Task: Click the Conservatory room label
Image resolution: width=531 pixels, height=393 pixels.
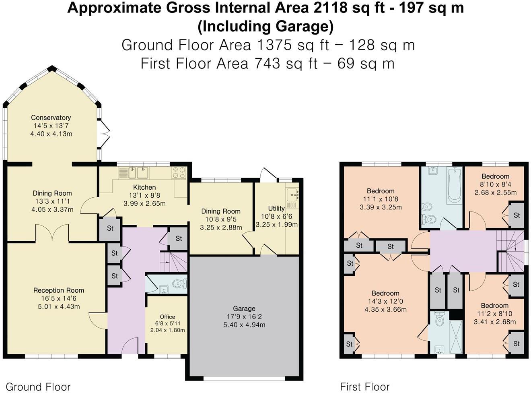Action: coord(51,118)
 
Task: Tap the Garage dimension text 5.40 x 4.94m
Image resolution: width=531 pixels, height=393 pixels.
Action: coord(244,325)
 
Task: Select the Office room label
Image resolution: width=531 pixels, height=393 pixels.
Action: coord(167,316)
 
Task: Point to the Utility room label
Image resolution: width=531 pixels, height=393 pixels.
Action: coord(276,208)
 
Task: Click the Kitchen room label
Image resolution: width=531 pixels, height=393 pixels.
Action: coord(144,187)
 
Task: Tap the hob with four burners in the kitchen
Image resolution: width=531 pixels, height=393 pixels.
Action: coord(179,173)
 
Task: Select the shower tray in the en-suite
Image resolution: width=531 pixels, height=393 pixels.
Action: coord(455,333)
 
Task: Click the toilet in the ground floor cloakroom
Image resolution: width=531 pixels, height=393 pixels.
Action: coord(178,284)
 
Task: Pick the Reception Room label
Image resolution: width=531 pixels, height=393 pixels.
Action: coord(59,290)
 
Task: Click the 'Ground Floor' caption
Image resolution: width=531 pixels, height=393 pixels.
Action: coord(38,387)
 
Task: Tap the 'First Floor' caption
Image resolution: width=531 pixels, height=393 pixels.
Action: coord(364,387)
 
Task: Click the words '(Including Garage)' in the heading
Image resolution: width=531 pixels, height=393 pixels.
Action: coord(265,26)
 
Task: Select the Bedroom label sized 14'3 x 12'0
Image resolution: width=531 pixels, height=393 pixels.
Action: coord(385,293)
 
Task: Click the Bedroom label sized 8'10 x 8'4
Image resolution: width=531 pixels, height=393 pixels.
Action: coord(495,176)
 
